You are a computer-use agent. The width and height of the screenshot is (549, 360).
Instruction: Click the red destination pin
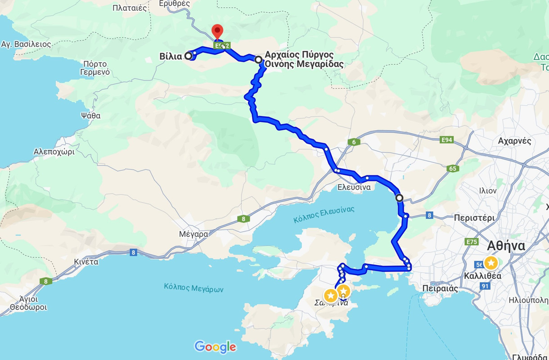217,32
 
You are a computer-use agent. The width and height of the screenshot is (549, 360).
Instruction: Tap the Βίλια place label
171,56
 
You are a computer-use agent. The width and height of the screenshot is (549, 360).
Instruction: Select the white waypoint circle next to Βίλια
188,56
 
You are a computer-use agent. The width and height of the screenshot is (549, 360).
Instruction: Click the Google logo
215,346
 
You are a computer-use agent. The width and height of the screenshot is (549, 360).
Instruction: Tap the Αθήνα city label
506,246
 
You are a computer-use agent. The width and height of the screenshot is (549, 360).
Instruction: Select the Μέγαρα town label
193,234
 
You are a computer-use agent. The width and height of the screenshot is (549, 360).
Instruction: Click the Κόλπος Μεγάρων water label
193,288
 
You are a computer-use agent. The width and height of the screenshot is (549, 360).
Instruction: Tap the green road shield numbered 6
354,142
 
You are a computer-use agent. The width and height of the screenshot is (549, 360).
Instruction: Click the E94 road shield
447,140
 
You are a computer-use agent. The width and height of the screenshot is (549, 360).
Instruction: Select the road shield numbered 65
453,169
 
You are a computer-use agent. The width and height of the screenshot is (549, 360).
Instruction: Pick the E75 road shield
472,242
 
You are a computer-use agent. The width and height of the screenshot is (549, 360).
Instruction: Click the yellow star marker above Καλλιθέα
490,263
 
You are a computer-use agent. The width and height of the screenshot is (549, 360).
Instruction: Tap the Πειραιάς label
440,288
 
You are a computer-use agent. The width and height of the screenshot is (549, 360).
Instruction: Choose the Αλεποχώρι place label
54,152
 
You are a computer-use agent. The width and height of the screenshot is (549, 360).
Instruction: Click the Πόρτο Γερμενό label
95,67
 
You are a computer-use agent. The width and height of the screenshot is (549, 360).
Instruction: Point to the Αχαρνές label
514,141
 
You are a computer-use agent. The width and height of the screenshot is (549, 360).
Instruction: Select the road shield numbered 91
485,286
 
